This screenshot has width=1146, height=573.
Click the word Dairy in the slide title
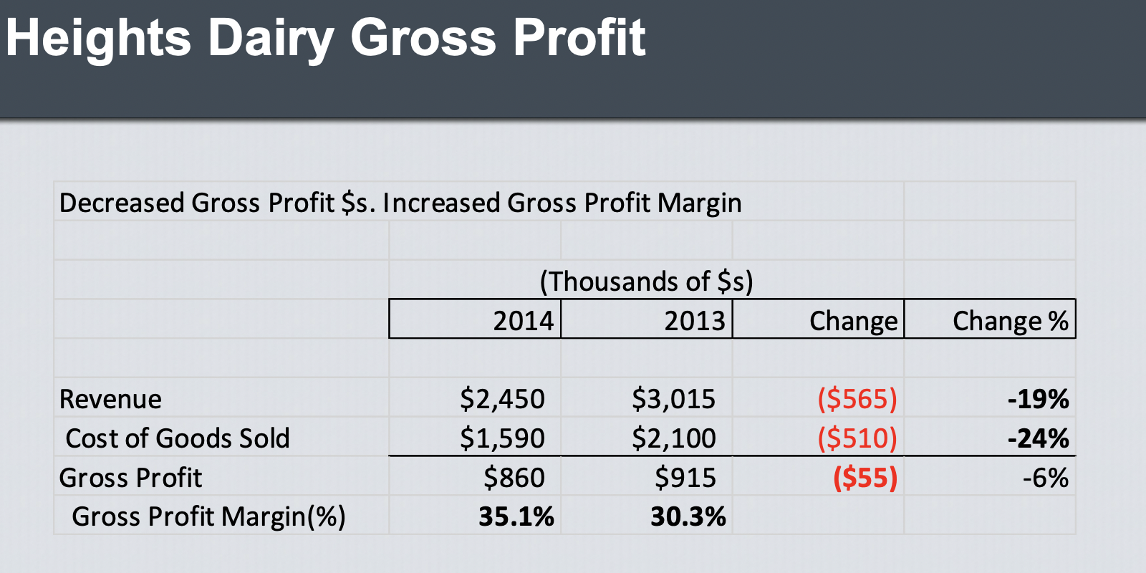tap(270, 37)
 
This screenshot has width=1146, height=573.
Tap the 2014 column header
tap(523, 320)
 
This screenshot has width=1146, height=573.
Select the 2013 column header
tap(694, 320)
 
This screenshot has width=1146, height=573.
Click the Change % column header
tap(1010, 320)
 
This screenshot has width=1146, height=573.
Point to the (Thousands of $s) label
tap(646, 281)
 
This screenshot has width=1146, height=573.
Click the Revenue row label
tap(110, 399)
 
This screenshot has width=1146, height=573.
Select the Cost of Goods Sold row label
tap(177, 438)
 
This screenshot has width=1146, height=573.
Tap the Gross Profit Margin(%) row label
tap(208, 516)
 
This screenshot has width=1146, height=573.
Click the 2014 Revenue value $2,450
tap(502, 399)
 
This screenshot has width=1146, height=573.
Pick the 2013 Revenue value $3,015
tap(673, 399)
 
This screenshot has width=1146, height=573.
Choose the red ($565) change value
tap(857, 399)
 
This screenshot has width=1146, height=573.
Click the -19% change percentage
tap(1038, 399)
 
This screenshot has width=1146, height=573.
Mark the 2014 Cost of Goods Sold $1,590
tap(502, 438)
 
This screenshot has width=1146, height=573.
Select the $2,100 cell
tap(673, 438)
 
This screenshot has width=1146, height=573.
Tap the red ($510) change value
tap(857, 438)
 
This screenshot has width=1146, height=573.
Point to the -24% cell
tap(1038, 438)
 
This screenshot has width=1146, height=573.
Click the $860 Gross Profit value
tap(514, 477)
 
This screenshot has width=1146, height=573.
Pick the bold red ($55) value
tap(865, 477)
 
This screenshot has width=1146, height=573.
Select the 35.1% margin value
tap(516, 516)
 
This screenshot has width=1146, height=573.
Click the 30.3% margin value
tap(688, 516)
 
